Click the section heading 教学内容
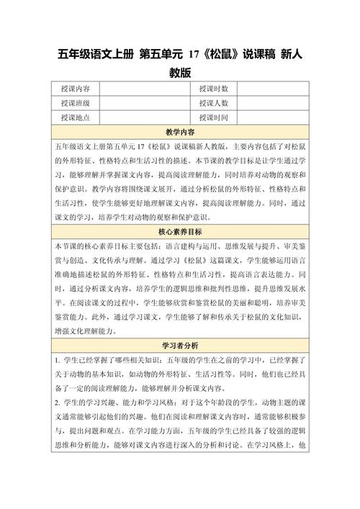(x=180, y=132)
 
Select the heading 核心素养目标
(x=180, y=232)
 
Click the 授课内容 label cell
(x=76, y=89)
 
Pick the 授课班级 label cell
(x=76, y=103)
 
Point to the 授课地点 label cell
(x=76, y=117)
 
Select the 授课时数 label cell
(x=213, y=89)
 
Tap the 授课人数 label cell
(x=213, y=103)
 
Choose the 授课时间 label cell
(x=213, y=117)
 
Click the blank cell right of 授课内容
(x=142, y=89)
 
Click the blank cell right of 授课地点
(x=142, y=117)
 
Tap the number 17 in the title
(x=192, y=53)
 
